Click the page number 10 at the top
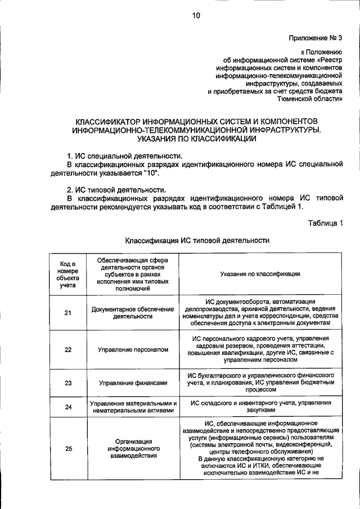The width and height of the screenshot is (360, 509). [x=195, y=16]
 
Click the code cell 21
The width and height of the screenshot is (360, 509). [x=68, y=313]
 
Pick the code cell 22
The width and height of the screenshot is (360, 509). [x=68, y=350]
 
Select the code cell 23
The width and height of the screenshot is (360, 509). [x=68, y=384]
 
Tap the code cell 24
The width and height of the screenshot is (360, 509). [x=68, y=407]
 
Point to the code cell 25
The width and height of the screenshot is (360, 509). [x=68, y=448]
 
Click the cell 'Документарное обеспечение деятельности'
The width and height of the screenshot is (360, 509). [x=133, y=313]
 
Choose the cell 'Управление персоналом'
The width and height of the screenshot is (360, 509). [x=133, y=350]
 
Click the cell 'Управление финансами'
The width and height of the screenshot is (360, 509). [x=133, y=384]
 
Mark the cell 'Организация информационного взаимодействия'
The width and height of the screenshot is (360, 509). [x=133, y=448]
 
